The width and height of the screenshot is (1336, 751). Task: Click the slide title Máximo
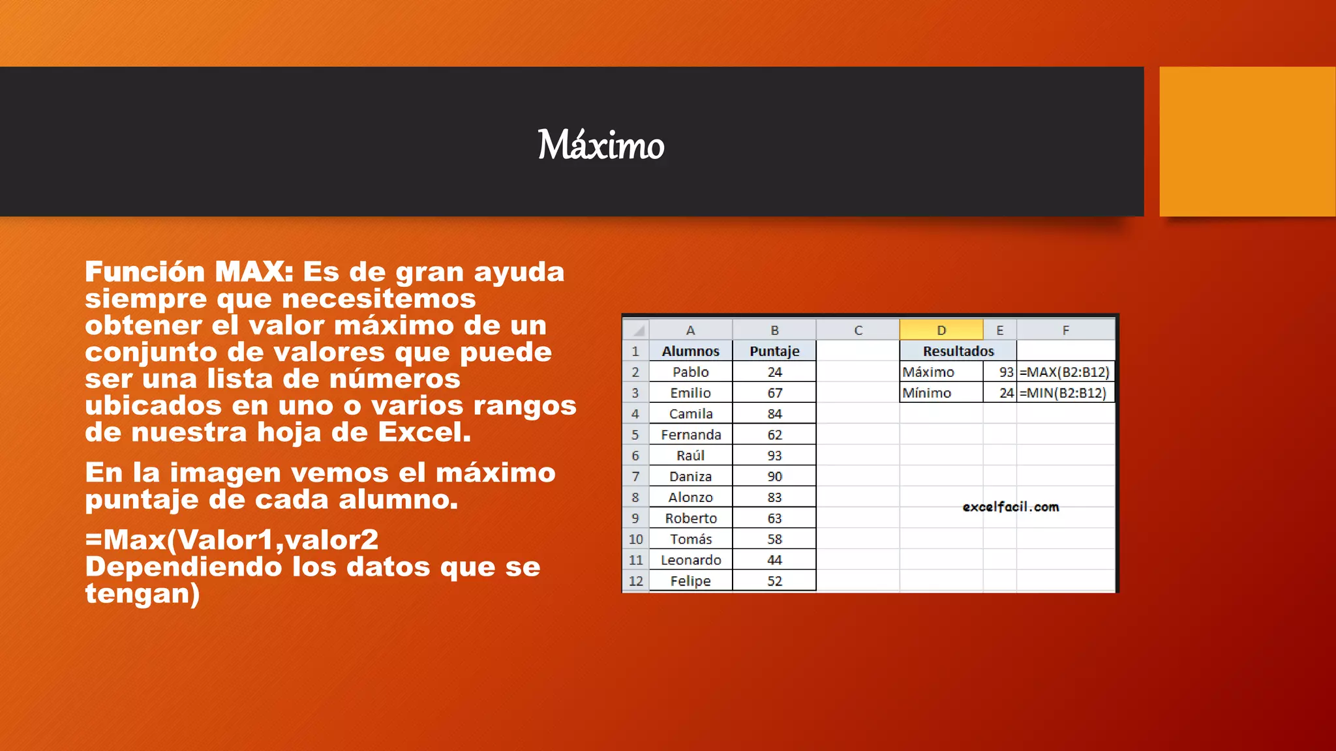(x=601, y=145)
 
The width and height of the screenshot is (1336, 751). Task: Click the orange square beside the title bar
(x=1247, y=141)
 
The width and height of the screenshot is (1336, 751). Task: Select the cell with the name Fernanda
(x=691, y=435)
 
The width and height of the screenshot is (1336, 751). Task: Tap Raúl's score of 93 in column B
(x=774, y=456)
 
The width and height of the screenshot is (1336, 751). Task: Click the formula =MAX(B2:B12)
(x=1065, y=372)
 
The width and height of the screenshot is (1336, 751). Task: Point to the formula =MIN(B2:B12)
(x=1063, y=393)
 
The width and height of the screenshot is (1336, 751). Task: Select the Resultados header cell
(x=958, y=351)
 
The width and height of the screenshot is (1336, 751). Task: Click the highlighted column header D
(x=941, y=331)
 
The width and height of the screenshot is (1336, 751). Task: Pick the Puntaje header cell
(x=774, y=351)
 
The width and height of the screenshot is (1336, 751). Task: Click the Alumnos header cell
(x=691, y=351)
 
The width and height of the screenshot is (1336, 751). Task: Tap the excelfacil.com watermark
(x=1010, y=507)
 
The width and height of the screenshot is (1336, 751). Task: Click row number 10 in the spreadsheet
(x=636, y=539)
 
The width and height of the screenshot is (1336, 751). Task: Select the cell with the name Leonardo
(x=691, y=560)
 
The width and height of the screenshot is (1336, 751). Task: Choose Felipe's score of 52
(x=774, y=581)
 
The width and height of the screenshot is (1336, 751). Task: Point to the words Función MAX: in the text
(x=189, y=272)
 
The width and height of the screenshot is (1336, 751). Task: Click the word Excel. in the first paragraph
(x=425, y=432)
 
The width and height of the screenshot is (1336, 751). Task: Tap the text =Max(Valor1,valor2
(x=232, y=540)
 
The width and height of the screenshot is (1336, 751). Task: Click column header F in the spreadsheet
(x=1065, y=331)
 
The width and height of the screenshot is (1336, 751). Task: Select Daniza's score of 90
(x=774, y=477)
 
